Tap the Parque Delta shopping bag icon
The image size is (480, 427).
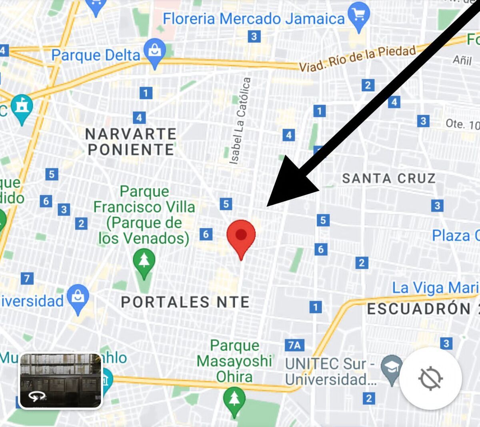[x=154, y=52]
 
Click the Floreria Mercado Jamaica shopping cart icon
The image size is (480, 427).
[x=359, y=16]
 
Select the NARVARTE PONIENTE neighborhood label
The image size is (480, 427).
[x=131, y=142]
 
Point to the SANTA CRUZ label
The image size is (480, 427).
[x=388, y=178]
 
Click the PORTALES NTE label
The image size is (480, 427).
[x=185, y=302]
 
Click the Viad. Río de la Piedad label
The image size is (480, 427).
[x=358, y=58]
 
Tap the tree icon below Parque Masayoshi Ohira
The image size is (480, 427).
[x=234, y=399]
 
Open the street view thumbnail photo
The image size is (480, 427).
[x=61, y=381]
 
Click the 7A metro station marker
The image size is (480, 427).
[x=294, y=345]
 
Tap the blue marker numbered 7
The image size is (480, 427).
[x=27, y=278]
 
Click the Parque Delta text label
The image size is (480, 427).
[x=96, y=55]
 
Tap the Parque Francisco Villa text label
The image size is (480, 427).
[x=144, y=215]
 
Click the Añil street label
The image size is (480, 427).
[x=462, y=60]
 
